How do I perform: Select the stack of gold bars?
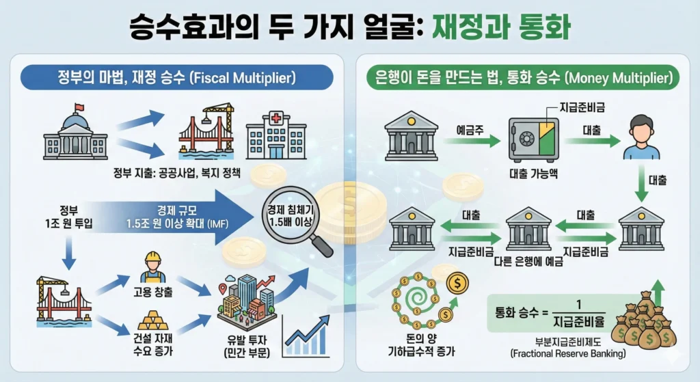(x=152, y=320)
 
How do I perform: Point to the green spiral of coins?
(x=414, y=300)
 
